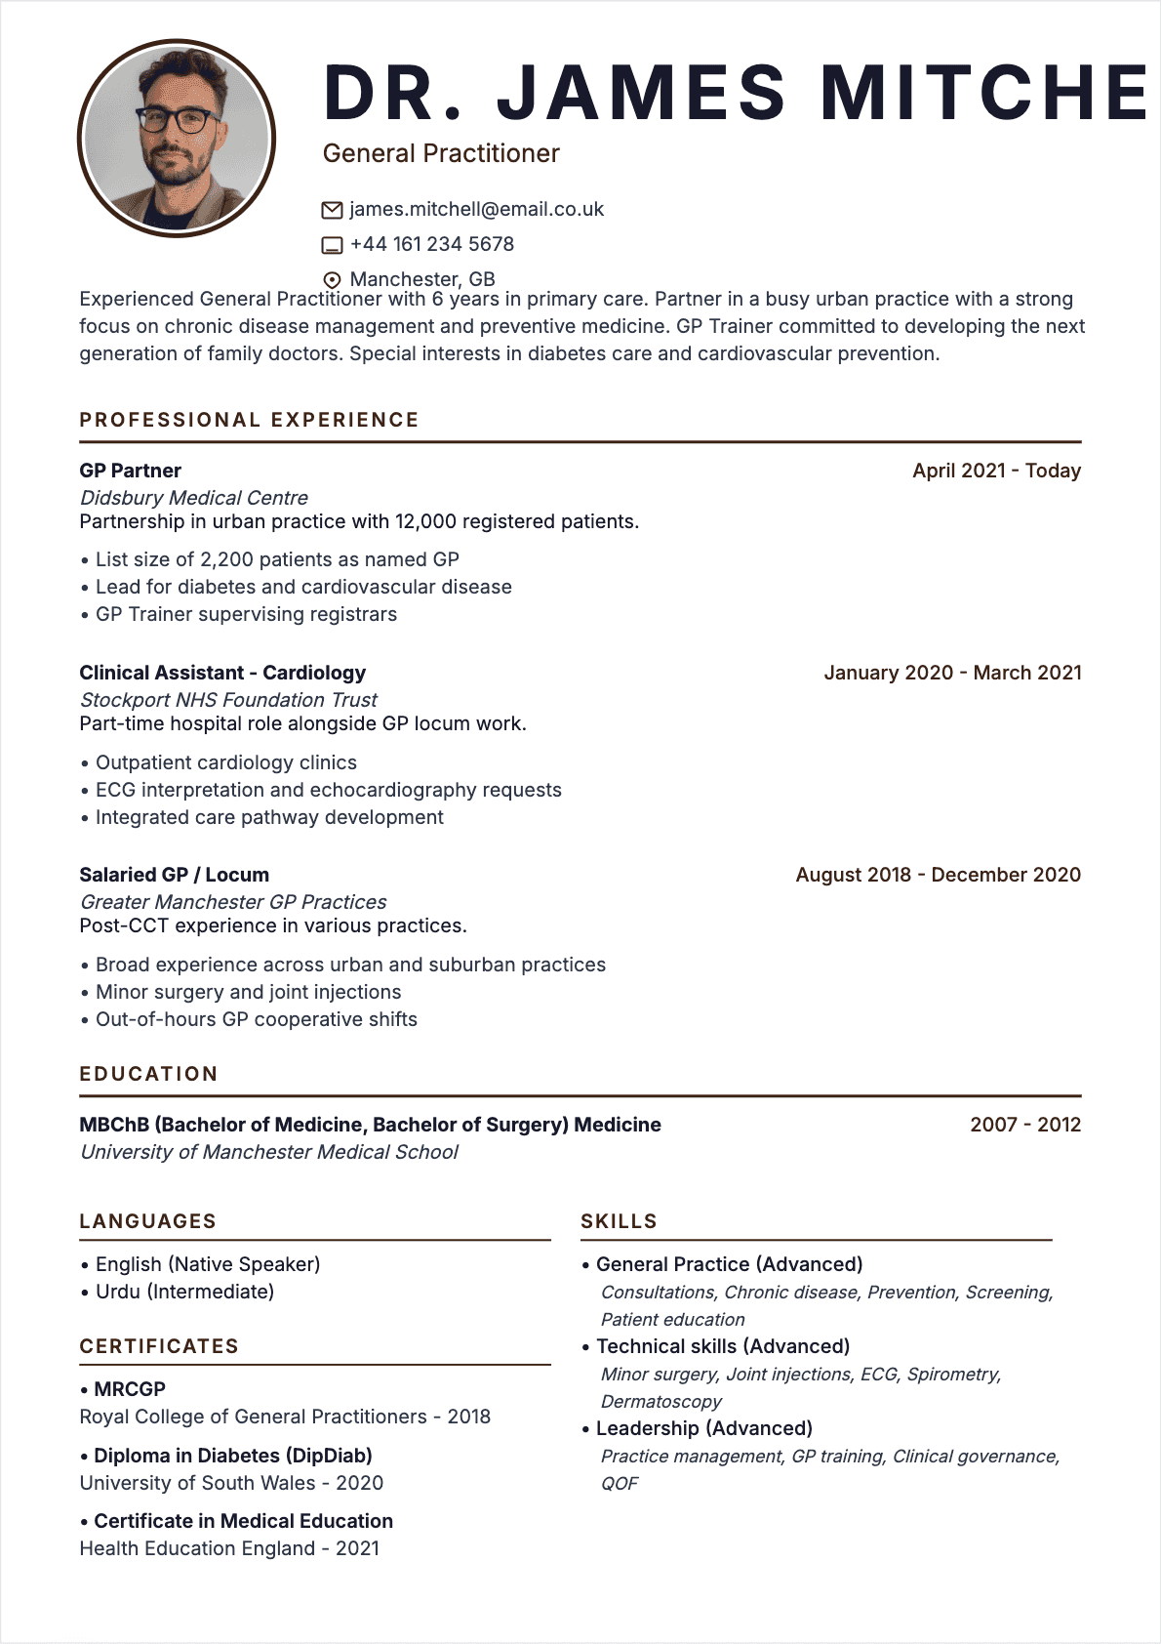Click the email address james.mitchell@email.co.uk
[476, 210]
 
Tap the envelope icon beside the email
[332, 210]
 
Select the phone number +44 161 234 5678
[431, 244]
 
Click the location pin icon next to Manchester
[332, 280]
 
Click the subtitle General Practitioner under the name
[441, 153]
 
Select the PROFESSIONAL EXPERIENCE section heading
[249, 420]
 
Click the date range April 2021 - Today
[996, 471]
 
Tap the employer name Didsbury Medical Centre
[193, 498]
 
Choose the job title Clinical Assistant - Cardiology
[222, 673]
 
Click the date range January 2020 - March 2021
[952, 673]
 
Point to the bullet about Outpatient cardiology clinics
[225, 762]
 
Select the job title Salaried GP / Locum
[174, 875]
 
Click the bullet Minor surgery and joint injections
[248, 992]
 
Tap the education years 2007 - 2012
[1025, 1125]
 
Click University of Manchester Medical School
[268, 1152]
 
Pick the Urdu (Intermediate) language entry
[184, 1292]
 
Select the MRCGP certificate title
[129, 1389]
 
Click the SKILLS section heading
[619, 1221]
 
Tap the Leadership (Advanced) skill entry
[703, 1428]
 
